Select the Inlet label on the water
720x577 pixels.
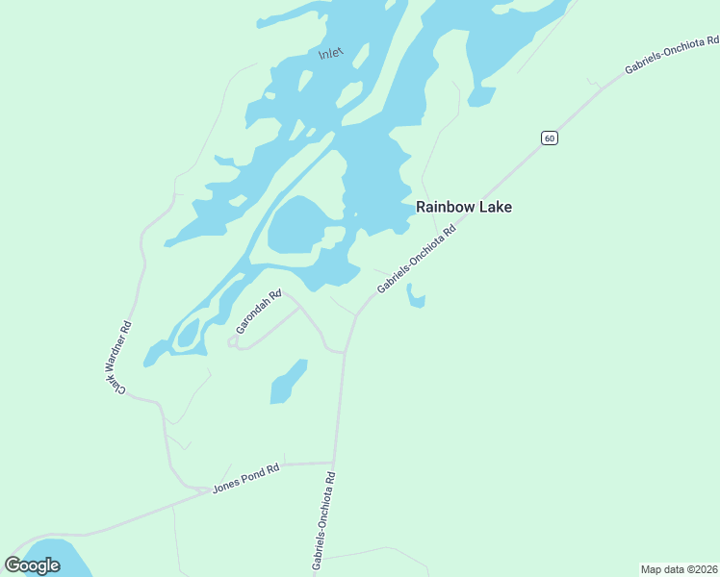pos(330,55)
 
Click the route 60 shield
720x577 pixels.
pos(548,138)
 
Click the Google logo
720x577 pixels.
pos(32,565)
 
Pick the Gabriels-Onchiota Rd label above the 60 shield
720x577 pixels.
pos(671,56)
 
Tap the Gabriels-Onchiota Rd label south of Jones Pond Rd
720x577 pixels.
pos(323,520)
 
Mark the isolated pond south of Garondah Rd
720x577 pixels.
pos(287,382)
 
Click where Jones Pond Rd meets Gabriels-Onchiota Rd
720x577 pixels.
pos(334,463)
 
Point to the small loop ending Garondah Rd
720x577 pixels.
pos(232,341)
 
